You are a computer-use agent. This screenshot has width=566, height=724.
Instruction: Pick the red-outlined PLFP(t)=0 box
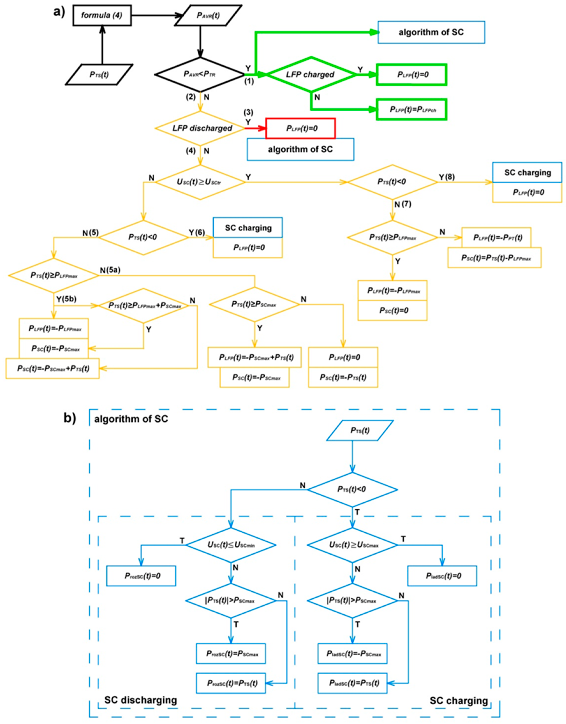301,128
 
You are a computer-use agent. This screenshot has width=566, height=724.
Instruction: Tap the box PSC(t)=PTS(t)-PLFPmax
494,258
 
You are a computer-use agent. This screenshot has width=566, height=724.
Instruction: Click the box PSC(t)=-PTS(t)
343,377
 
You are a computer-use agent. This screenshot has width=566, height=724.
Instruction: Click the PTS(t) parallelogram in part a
99,75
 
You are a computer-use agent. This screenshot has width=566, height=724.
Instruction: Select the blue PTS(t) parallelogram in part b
360,431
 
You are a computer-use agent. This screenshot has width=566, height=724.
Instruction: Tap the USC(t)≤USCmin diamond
231,545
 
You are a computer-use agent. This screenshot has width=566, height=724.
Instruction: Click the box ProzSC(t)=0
141,576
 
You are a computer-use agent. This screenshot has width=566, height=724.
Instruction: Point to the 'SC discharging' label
141,700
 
